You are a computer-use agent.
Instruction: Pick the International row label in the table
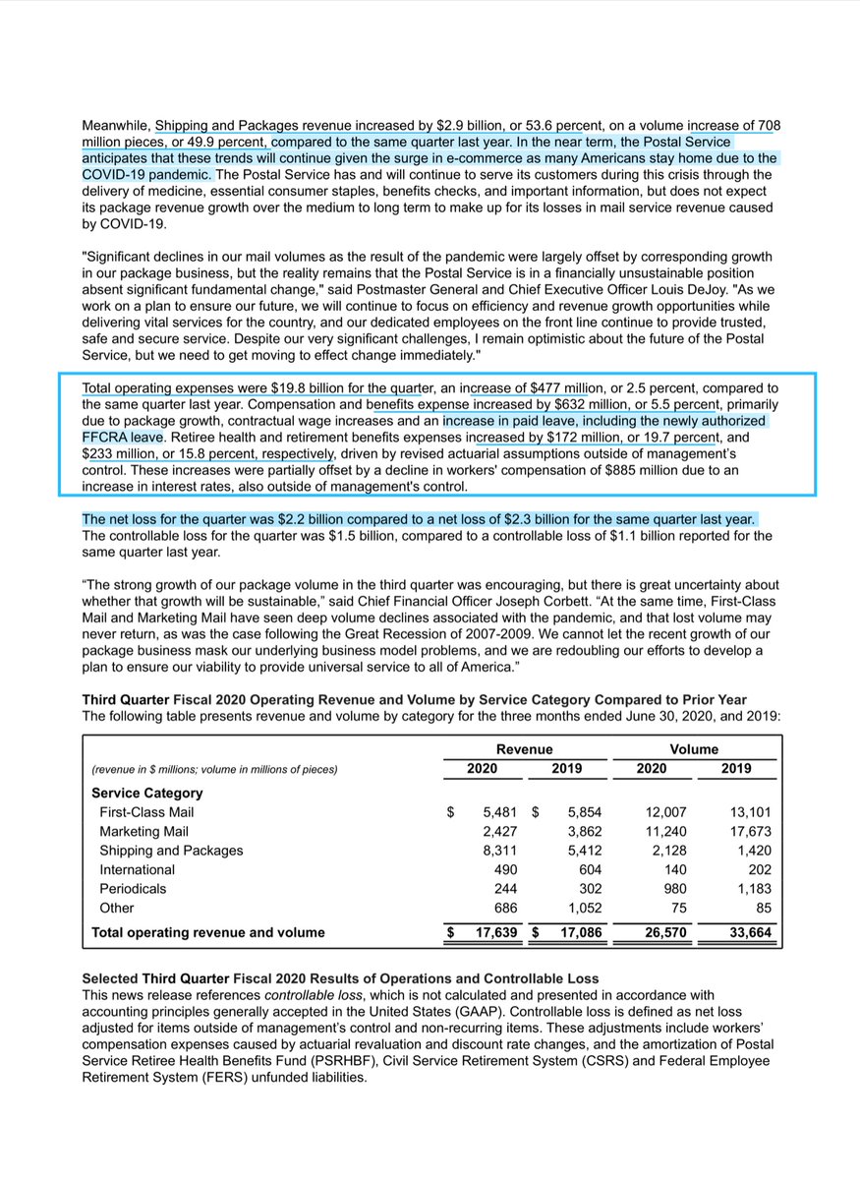137,869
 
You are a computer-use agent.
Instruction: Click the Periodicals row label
133,888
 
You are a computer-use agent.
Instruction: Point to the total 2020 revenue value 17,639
490,932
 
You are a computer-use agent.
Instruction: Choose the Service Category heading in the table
146,793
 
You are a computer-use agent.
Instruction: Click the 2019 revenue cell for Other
581,908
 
